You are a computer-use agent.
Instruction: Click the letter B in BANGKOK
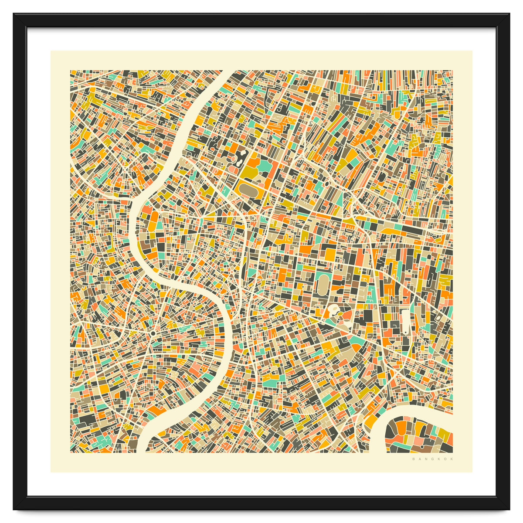point(413,459)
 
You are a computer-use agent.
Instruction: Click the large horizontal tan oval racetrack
point(250,189)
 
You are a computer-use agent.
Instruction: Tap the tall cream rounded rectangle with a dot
point(405,321)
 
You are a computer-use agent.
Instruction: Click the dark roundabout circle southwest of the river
point(154,333)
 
